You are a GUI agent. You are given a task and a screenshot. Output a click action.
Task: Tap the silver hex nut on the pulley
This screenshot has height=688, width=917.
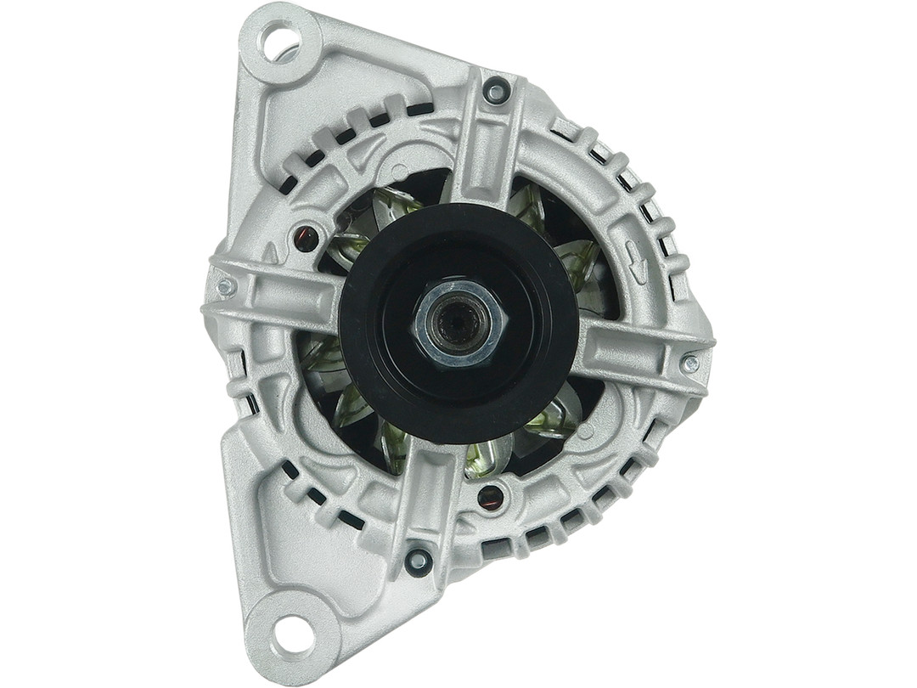[x=460, y=324]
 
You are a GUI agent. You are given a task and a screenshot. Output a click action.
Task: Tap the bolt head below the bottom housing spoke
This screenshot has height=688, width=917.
[x=417, y=560]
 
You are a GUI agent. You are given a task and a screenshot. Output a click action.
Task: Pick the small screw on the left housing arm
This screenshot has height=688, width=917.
[x=226, y=287]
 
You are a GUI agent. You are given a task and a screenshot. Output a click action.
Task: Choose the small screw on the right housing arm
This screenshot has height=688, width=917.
[x=690, y=364]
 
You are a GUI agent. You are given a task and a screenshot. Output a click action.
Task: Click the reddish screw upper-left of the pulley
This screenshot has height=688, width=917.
[x=305, y=239]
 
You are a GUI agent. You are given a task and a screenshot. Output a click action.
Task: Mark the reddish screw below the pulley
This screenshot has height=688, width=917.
[x=490, y=497]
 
